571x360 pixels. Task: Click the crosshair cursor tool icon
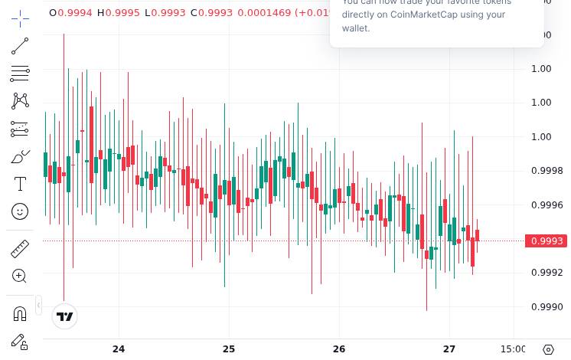pos(20,18)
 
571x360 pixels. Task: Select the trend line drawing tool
pos(20,47)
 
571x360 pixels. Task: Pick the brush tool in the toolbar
pos(20,156)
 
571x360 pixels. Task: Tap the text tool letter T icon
pos(20,184)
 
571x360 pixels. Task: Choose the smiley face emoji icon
pos(20,211)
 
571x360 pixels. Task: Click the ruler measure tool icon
pos(20,249)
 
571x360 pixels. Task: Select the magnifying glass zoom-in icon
pos(20,276)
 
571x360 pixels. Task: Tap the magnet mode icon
pos(20,313)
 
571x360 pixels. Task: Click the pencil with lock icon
pos(20,342)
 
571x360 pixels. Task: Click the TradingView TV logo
pos(65,316)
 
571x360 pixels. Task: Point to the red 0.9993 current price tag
pos(547,241)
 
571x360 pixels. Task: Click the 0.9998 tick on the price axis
pos(547,171)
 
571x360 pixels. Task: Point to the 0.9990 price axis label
pos(547,307)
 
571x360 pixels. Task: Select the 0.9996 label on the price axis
pos(547,205)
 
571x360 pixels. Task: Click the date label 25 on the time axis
pos(229,349)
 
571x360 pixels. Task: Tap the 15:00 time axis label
pos(513,349)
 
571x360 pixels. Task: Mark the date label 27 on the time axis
pos(449,349)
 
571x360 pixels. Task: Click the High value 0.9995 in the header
pos(122,13)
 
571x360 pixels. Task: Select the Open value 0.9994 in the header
pos(75,13)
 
